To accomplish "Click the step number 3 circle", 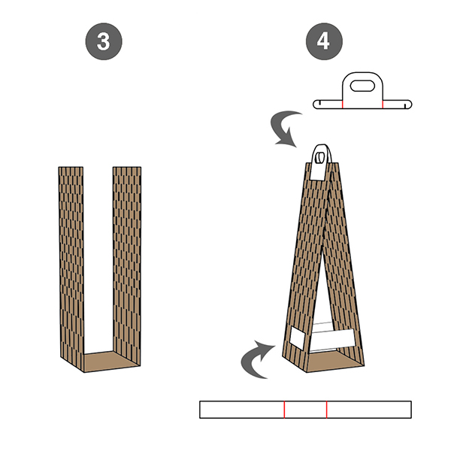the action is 104,41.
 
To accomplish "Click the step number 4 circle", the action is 324,41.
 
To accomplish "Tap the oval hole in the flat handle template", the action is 362,86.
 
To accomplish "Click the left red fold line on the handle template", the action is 343,104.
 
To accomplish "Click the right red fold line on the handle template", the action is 383,104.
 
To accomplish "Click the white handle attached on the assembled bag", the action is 320,162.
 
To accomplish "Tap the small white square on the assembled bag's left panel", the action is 298,338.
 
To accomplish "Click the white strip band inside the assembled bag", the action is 334,338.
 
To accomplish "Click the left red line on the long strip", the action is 284,410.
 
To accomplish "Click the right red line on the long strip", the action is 326,410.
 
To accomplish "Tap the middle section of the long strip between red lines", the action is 305,410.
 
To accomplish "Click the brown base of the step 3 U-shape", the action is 110,362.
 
